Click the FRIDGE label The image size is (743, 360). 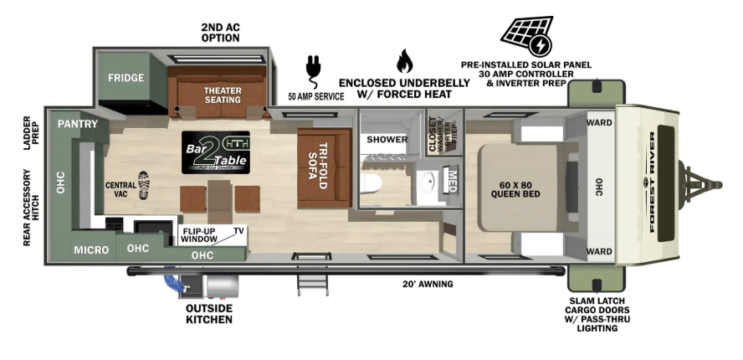point(126,78)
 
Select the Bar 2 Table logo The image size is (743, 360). point(215,152)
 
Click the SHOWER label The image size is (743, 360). point(387,139)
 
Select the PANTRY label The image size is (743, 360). point(78,124)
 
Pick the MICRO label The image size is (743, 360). point(90,249)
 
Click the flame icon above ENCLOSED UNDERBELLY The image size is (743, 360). point(404,61)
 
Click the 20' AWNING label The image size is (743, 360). point(428,284)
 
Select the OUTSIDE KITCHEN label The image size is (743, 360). point(208,314)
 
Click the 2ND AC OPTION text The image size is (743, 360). point(220,33)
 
